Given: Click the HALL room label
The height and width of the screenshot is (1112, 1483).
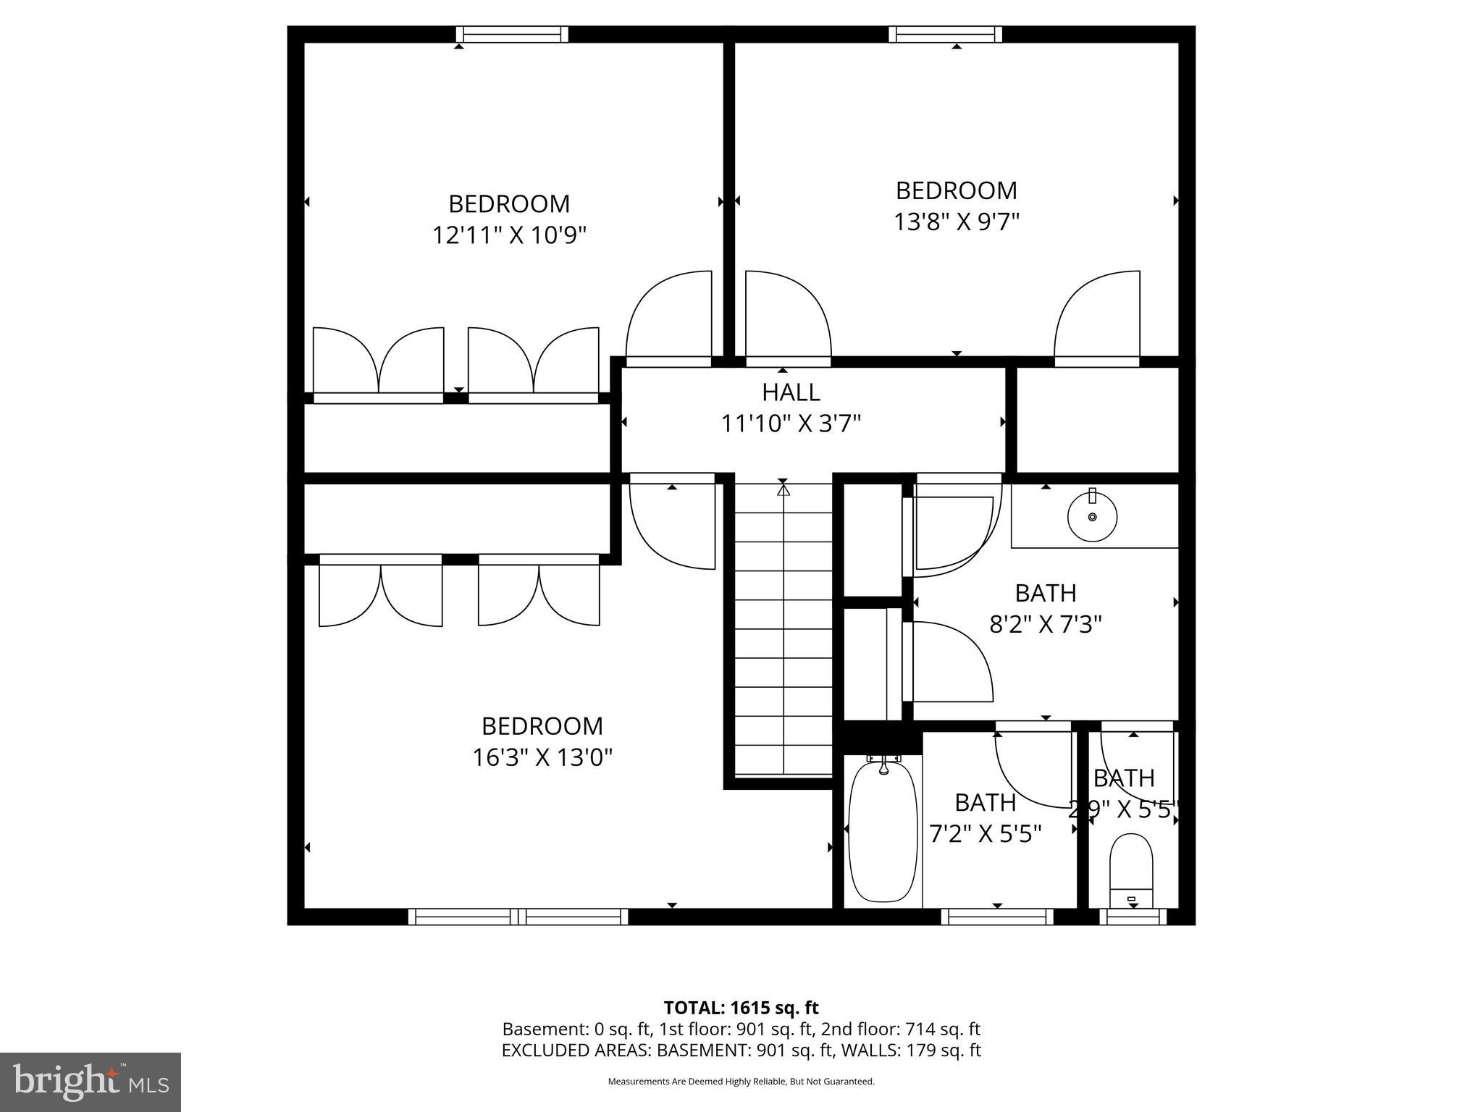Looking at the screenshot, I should point(791,392).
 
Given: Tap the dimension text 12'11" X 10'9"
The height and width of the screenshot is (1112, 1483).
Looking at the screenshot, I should point(509,235).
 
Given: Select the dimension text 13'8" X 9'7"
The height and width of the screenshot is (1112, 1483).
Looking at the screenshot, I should point(956,222).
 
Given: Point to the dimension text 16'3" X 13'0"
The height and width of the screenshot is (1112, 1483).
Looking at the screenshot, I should point(542,758).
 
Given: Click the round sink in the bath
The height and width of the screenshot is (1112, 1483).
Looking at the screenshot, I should point(1092,517).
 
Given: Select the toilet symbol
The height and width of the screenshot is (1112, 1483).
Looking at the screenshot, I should point(1130,869).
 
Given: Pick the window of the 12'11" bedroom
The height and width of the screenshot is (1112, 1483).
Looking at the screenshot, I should point(512,34).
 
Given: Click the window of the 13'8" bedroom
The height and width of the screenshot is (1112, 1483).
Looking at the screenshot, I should point(945,34).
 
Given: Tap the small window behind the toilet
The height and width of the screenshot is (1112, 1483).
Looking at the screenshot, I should point(1133,917).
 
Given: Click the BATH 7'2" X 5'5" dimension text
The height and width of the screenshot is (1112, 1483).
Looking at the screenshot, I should point(985,835).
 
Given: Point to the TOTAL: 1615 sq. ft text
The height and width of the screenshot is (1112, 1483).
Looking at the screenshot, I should point(741,1008).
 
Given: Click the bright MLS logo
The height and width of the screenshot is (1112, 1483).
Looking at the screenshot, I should point(91,1082).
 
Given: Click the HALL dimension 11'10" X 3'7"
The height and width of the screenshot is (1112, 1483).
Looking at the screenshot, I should point(791,424).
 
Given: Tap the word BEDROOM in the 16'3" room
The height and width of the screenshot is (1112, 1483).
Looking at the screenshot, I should point(542,726).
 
